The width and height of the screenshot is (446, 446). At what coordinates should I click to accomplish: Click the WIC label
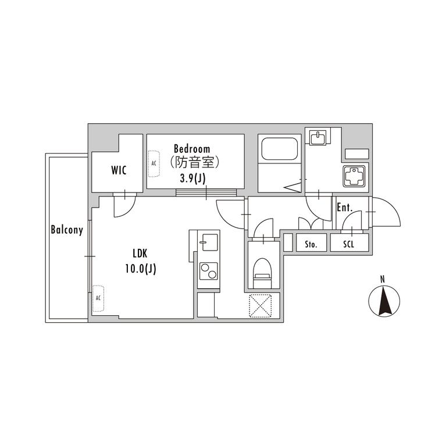click(x=119, y=170)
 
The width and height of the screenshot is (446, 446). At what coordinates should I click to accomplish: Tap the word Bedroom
click(x=192, y=149)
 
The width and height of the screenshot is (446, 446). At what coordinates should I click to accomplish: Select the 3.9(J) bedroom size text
click(x=192, y=178)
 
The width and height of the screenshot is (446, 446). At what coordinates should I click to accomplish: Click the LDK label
click(x=140, y=254)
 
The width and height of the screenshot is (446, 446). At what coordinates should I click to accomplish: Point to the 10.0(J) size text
click(x=141, y=269)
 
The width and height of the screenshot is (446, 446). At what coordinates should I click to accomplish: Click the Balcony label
click(x=67, y=230)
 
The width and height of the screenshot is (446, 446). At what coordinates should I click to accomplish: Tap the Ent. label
click(x=344, y=208)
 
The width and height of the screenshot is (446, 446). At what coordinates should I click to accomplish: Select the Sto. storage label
click(x=311, y=244)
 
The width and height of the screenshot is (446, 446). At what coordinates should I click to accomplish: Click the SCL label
click(x=348, y=244)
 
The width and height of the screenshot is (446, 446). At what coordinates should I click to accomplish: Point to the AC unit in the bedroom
click(x=154, y=163)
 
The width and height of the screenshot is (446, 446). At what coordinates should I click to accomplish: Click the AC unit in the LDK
click(x=98, y=298)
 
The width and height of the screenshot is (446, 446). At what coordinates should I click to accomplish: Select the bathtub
click(x=279, y=149)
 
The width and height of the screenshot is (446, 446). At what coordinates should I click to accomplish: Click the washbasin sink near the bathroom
click(x=318, y=138)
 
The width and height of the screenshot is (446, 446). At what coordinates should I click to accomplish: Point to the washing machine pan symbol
click(x=354, y=176)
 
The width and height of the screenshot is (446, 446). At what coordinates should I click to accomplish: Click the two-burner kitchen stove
click(x=209, y=271)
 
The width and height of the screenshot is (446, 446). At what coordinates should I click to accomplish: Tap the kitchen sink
click(x=209, y=242)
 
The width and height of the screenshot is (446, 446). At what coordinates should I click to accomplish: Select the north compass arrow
click(x=384, y=301)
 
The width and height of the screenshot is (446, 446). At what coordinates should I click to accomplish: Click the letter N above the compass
click(x=383, y=279)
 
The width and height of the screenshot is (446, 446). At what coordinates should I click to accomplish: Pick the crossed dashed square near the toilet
click(x=261, y=306)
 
